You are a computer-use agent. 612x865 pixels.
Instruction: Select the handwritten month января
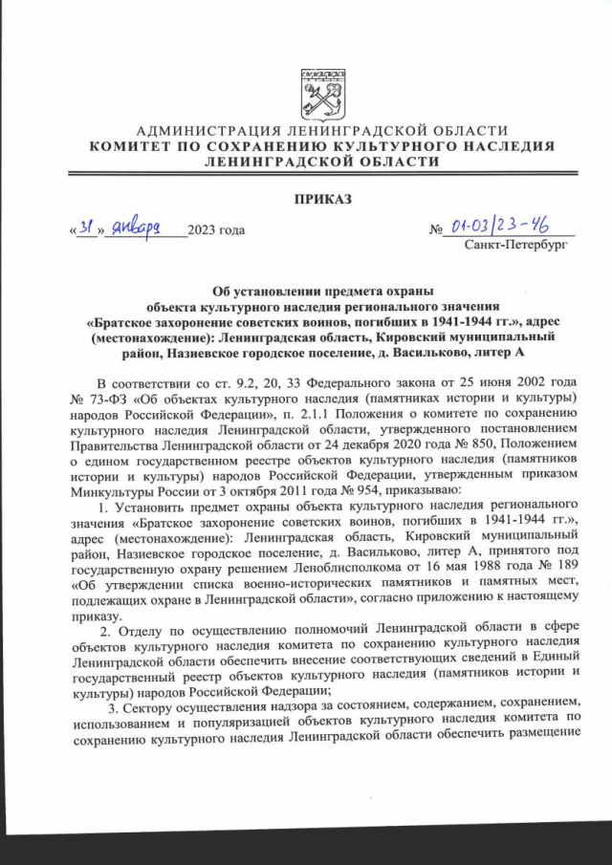pos(143,228)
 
